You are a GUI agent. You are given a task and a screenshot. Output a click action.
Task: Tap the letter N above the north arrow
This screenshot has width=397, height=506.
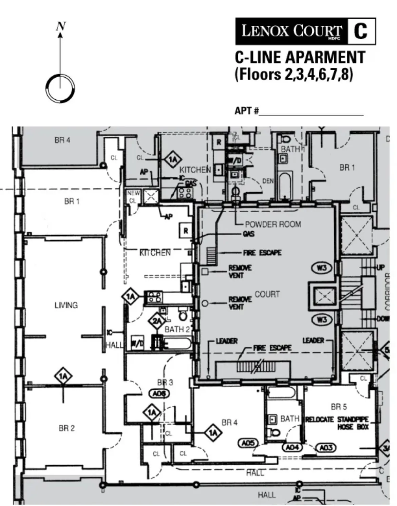pos(61,26)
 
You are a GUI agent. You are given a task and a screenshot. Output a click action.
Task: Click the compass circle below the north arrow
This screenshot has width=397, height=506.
pos(60,88)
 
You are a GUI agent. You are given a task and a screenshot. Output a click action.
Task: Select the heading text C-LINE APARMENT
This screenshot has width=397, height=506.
pos(300,57)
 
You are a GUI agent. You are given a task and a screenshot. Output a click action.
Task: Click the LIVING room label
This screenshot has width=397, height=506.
pos(66,305)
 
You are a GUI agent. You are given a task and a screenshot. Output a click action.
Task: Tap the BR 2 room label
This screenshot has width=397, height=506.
pos(67,428)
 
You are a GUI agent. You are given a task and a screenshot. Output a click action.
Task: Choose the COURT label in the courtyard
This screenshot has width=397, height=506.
pos(267,294)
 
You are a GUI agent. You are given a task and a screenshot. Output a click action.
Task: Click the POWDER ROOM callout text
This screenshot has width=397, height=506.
pos(273,224)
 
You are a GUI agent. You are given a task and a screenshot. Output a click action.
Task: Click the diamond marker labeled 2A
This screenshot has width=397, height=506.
pos(157,320)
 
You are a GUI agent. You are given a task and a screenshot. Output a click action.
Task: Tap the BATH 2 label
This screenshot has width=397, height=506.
pos(177,329)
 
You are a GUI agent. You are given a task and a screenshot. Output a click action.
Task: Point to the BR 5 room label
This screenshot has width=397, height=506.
pos(339,407)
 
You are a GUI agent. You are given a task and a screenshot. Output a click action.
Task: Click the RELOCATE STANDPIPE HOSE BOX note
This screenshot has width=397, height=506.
pos(337,423)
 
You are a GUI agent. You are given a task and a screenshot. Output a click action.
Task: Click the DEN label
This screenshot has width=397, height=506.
pos(268,181)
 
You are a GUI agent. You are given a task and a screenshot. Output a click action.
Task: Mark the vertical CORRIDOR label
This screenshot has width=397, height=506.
pos(388,292)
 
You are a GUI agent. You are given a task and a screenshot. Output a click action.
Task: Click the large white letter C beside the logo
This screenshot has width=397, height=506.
pos(361,31)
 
